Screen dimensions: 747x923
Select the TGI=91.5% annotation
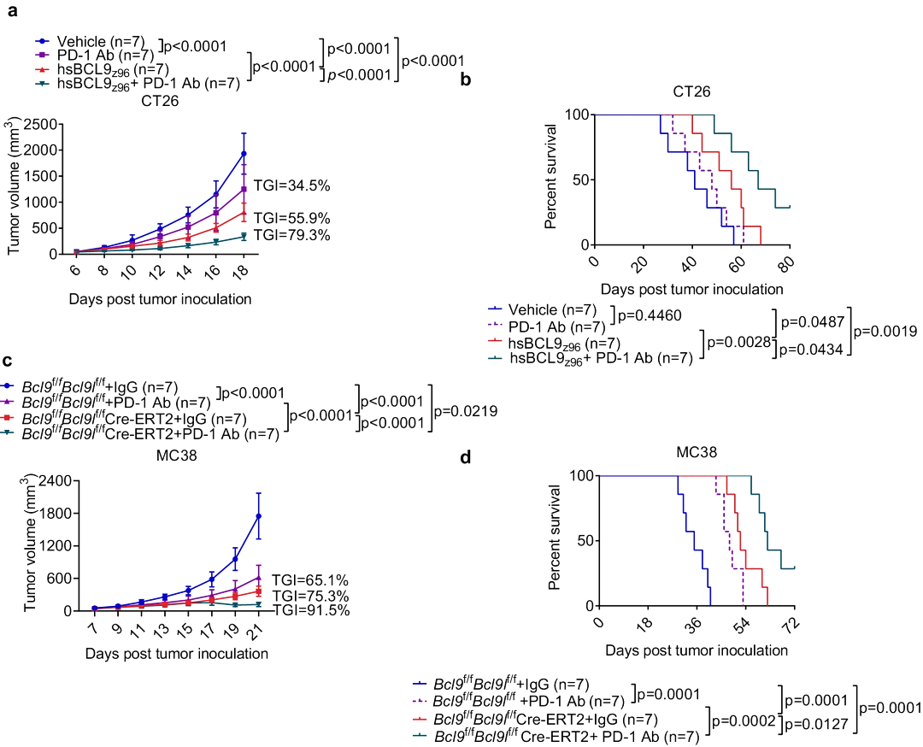click(x=311, y=610)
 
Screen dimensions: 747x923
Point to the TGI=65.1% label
click(x=311, y=579)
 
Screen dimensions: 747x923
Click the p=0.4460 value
click(x=650, y=316)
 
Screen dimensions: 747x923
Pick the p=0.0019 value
click(x=895, y=330)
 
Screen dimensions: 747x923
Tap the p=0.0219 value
click(x=467, y=411)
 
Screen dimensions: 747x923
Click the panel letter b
click(x=466, y=79)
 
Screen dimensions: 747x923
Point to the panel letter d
click(x=466, y=456)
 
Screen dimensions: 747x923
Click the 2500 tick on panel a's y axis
click(x=39, y=124)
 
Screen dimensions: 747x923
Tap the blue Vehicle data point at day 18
click(x=244, y=154)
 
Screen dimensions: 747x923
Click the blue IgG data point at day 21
click(x=258, y=516)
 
